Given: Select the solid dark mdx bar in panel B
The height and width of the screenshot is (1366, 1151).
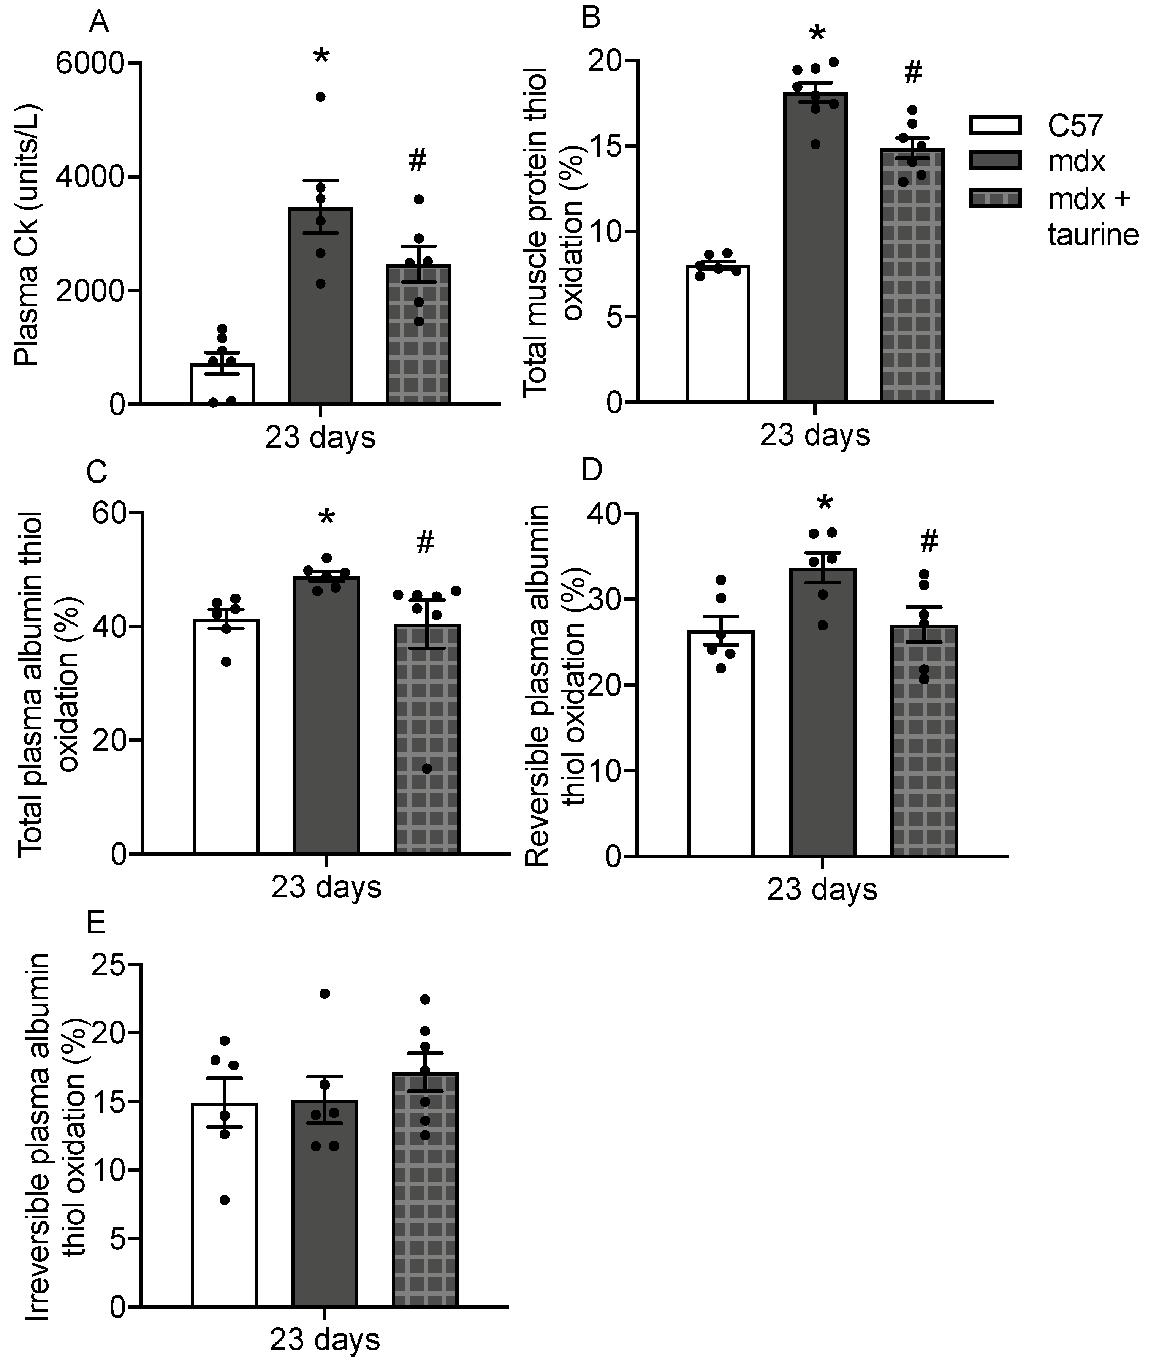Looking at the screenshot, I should (815, 261).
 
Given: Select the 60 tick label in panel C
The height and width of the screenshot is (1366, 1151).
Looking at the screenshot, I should (109, 513).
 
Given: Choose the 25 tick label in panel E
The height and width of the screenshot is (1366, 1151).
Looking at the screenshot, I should (109, 966).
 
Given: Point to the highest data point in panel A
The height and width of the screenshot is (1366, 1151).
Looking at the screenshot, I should (320, 97).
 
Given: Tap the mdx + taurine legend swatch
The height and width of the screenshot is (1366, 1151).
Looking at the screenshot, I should (995, 198).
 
